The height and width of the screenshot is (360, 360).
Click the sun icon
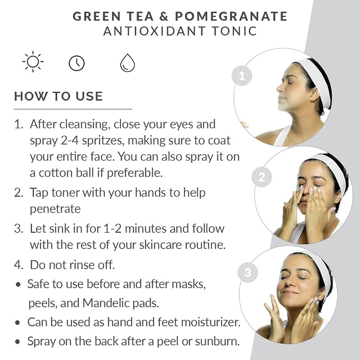coord(33,62)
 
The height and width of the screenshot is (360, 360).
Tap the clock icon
coord(77,63)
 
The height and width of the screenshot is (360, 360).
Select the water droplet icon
coord(127,63)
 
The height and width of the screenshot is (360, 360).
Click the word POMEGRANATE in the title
coord(231,16)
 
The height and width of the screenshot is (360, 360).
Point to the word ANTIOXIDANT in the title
coord(154,31)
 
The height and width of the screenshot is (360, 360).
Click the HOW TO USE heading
coord(58,96)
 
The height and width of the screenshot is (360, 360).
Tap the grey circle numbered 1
coord(242,76)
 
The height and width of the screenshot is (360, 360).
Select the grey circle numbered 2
coord(262,177)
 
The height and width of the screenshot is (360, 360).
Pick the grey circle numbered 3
coord(248,273)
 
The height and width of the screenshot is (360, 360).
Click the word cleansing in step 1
coord(84,125)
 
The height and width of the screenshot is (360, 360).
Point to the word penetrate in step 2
coord(55,209)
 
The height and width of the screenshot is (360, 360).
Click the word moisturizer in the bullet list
coord(210,322)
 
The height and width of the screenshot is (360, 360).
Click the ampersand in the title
coord(164,16)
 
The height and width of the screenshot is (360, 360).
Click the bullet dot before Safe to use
coord(18,285)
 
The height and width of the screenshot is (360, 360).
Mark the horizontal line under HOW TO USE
coord(73,109)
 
